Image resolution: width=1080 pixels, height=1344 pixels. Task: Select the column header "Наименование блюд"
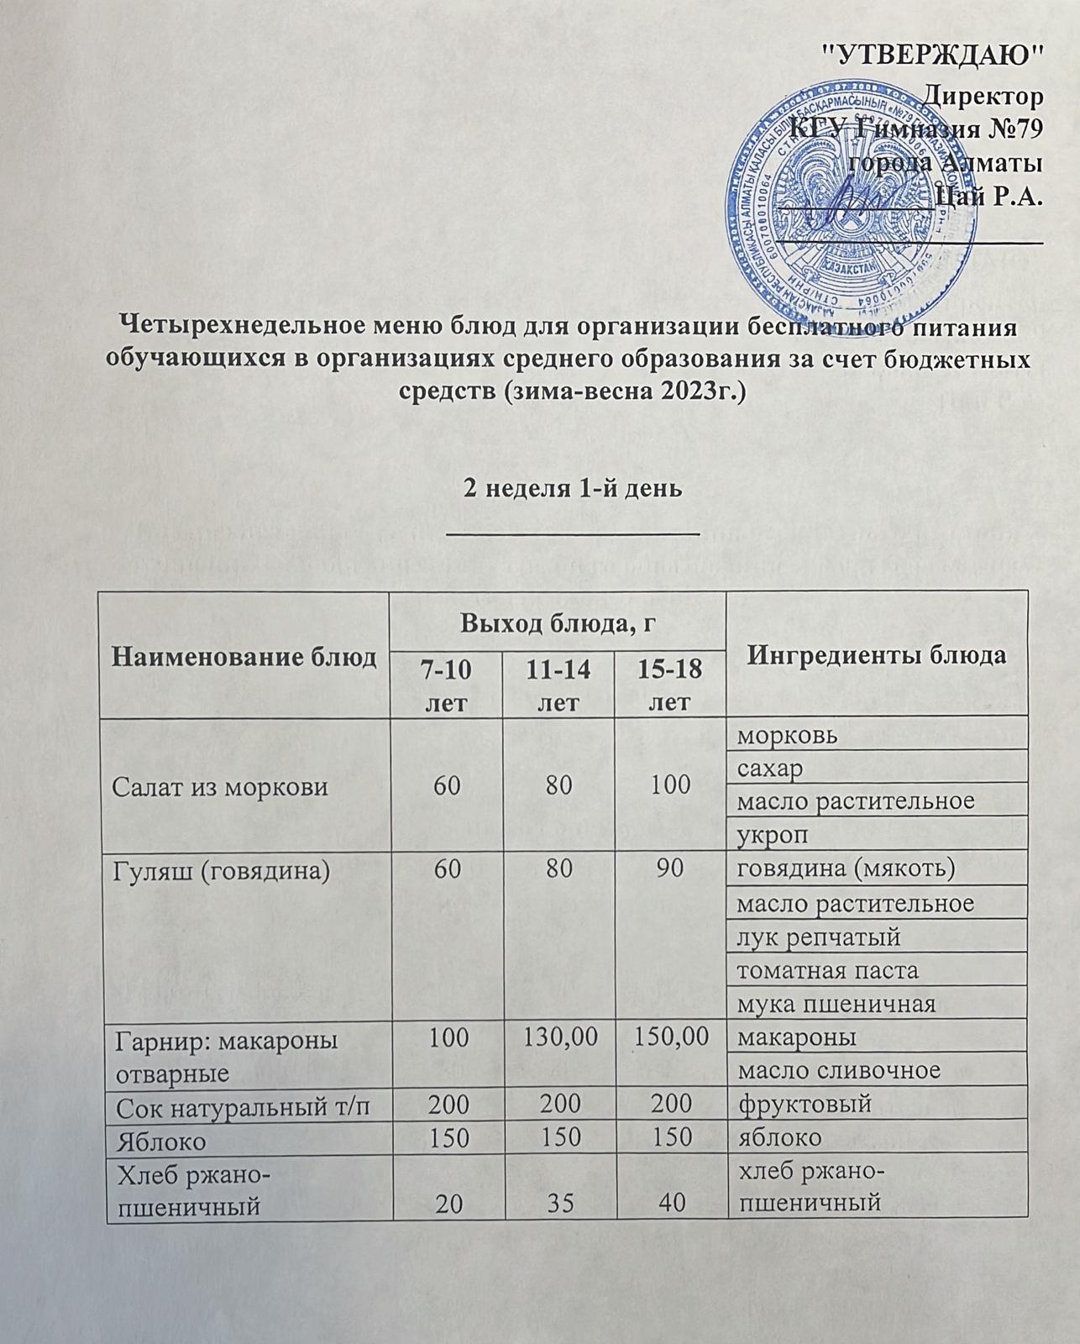244,656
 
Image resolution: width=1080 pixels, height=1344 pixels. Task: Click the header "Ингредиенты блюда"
876,654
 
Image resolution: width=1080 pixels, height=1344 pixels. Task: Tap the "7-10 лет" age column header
447,685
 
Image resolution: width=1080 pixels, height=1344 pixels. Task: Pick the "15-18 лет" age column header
670,685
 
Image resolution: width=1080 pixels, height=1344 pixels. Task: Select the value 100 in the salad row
668,785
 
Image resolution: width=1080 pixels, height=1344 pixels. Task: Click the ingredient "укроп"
766,834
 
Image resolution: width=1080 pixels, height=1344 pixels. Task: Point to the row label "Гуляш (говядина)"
214,869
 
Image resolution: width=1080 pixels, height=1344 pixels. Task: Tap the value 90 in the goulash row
669,869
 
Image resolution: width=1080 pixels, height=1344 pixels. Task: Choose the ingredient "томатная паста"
827,970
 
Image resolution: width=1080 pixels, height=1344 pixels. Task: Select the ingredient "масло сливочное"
837,1071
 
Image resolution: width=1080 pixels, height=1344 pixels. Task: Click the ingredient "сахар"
769,767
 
